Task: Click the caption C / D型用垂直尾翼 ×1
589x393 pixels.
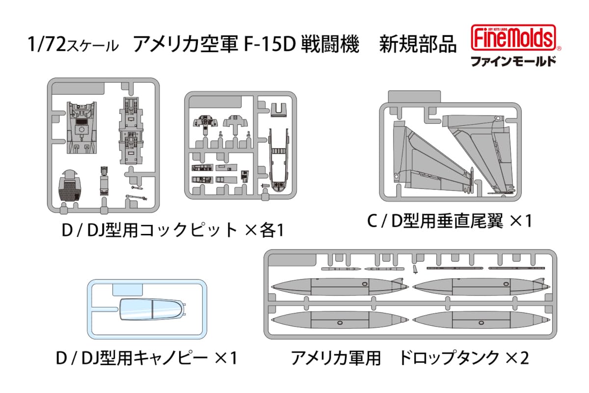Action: click(x=450, y=222)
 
